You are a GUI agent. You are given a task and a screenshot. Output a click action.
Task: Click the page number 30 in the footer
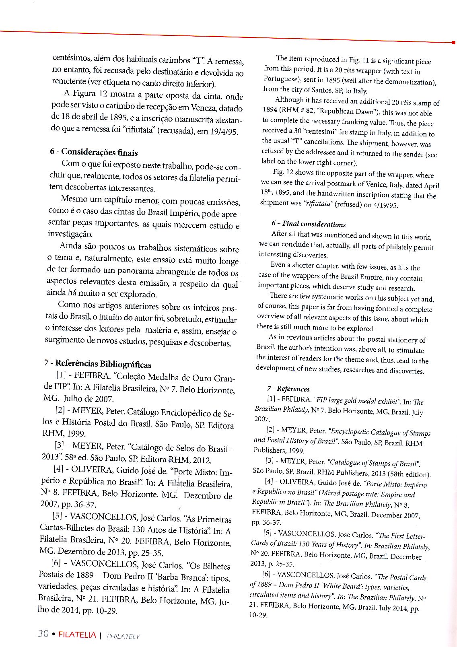(x=43, y=634)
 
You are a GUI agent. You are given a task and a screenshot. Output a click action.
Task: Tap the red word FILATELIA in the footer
(x=77, y=635)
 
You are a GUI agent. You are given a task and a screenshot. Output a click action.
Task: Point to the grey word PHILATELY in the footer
(x=123, y=636)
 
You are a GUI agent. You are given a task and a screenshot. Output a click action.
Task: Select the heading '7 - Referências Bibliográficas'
(x=98, y=364)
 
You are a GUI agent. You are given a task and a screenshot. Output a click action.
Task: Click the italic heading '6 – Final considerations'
(x=309, y=224)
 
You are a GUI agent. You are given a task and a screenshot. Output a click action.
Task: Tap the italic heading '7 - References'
(x=288, y=389)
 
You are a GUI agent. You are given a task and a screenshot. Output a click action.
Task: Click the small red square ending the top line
(x=453, y=42)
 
